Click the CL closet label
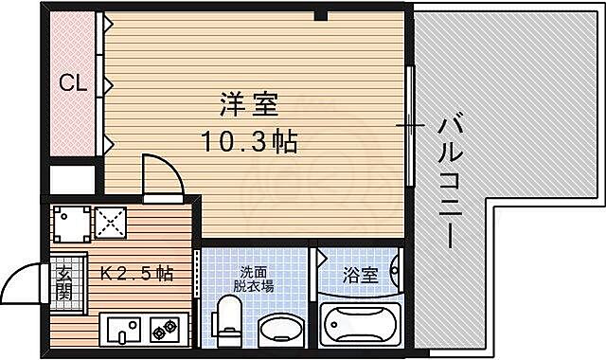pos(73,83)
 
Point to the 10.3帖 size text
pos(247,142)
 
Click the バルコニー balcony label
pos(453,180)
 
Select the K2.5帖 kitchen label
pos(137,274)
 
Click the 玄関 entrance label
pos(64,281)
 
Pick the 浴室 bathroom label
pos(359,276)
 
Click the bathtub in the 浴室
pos(358,325)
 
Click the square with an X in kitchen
pos(110,225)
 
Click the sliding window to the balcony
pos(410,125)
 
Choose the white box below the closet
pos(73,180)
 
